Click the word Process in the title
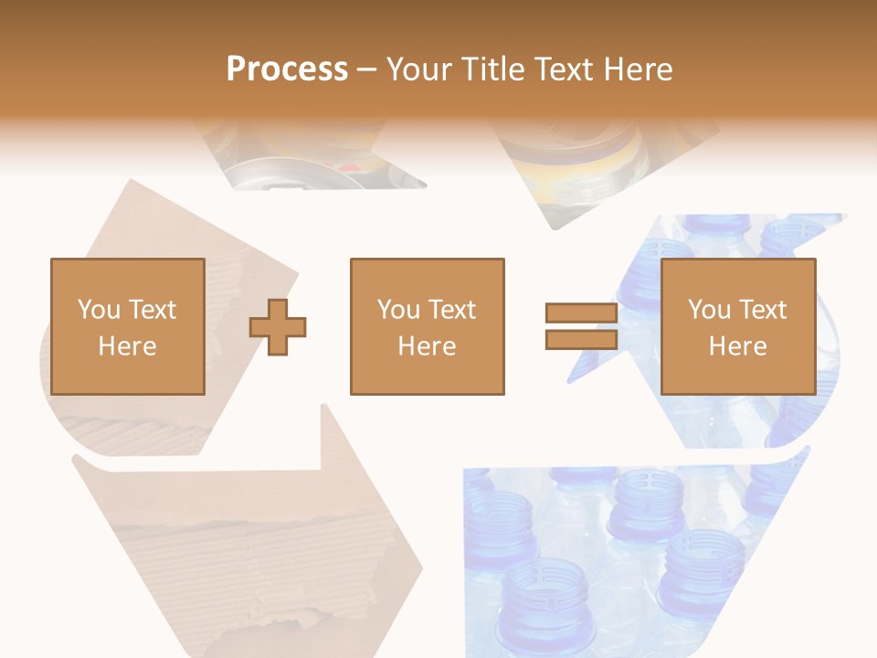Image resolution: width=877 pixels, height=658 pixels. point(287,69)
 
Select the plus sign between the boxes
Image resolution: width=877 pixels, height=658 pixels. point(278,327)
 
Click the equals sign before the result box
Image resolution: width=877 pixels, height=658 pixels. point(581,326)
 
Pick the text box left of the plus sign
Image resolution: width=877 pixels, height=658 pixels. point(128,326)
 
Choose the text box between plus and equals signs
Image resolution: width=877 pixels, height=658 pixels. point(428,326)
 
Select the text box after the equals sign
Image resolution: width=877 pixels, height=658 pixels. point(738,326)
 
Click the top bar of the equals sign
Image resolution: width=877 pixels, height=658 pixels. point(581,313)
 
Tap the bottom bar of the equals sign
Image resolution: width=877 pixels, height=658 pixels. point(581,339)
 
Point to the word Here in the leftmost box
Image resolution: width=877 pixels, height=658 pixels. point(127,346)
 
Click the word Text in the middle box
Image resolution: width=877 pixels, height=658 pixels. point(451,310)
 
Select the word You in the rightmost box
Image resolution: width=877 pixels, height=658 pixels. point(709,310)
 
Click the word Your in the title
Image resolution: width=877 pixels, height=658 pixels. point(420,69)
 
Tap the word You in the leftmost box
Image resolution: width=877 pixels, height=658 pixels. point(99,310)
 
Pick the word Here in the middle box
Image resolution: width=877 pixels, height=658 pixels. point(427,346)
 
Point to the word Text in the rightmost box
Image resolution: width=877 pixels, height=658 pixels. point(762,310)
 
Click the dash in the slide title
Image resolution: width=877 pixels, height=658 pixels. point(367,69)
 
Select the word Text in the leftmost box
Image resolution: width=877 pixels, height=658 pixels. point(152,310)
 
